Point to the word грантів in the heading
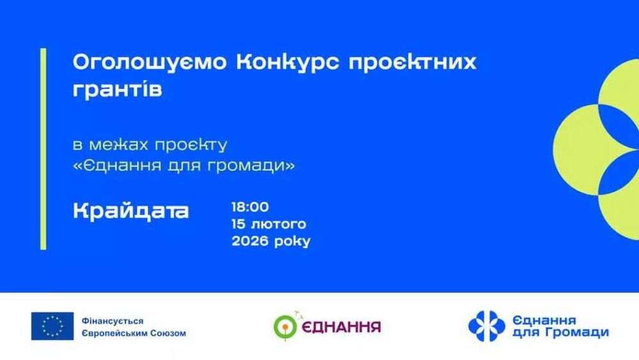pos(118,90)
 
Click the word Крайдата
pos(131,211)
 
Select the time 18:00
pos(250,207)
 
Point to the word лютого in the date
pos(279,224)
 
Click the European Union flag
pos(52,326)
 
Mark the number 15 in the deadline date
pos(240,224)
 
